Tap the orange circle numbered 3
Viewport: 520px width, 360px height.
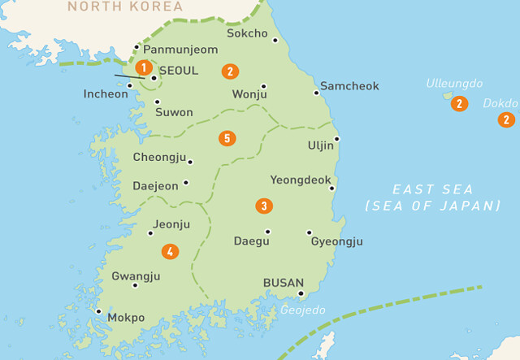click(x=263, y=206)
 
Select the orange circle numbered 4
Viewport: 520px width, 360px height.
click(x=170, y=251)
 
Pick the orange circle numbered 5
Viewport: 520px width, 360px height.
click(x=227, y=138)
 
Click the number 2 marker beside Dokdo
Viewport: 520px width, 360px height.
click(x=507, y=119)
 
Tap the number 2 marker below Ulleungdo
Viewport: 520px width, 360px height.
click(x=460, y=103)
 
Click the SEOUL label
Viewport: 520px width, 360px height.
click(x=179, y=71)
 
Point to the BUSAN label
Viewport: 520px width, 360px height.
click(x=284, y=283)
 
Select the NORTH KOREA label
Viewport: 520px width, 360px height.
click(x=120, y=7)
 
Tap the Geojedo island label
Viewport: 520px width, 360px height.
click(x=303, y=310)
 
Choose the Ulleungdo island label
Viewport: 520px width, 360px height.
click(x=455, y=84)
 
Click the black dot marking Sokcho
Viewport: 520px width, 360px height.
click(x=275, y=39)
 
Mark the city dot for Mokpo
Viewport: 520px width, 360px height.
click(x=98, y=310)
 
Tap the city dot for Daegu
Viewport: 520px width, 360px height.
click(x=267, y=232)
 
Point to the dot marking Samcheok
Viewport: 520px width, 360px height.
click(x=316, y=93)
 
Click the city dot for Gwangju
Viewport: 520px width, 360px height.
click(x=135, y=284)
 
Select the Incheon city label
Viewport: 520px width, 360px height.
click(x=106, y=94)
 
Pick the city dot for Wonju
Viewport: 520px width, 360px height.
click(x=263, y=86)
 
